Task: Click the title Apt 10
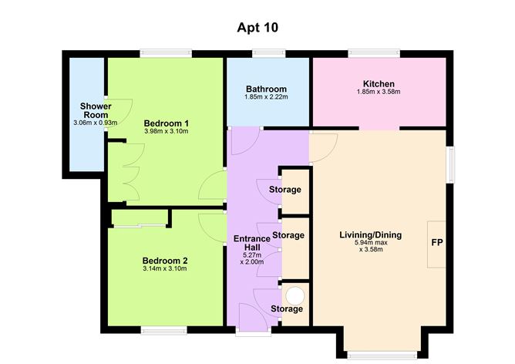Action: (257, 27)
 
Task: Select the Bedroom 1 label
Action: (167, 123)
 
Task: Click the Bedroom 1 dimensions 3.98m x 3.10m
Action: (167, 131)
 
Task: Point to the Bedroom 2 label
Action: (165, 260)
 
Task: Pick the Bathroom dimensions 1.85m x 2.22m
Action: (267, 97)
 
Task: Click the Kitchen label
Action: (378, 83)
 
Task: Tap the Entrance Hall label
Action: (251, 244)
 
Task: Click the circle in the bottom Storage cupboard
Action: (295, 294)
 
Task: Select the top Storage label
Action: (284, 190)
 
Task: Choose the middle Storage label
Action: (288, 234)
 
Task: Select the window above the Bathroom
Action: (267, 53)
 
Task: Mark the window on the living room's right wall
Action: (451, 163)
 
